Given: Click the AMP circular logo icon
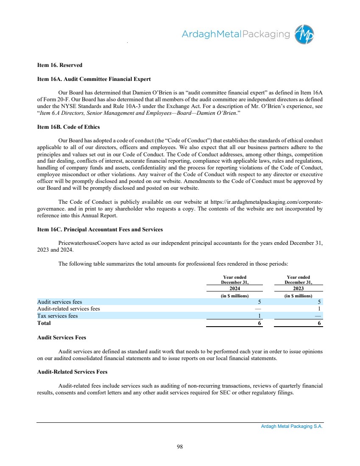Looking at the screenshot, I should pos(305,34).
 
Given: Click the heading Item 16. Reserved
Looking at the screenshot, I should pos(60,65).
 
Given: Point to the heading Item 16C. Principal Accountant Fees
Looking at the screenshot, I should pos(100,230).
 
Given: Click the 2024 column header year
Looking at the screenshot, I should pos(234,288).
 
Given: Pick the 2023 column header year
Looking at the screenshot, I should pos(299,288).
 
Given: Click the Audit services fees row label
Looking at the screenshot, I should pos(60,302).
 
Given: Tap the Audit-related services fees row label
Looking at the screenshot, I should pos(69,309).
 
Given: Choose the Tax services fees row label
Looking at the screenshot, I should pos(58,316).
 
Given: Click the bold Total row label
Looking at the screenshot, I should pos(44,323).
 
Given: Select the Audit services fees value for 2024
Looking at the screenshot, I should pos(259,302).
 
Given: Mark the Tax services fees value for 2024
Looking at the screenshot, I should pos(259,316).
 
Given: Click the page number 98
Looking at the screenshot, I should pos(180,446).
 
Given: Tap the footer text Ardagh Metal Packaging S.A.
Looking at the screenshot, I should pos(292,427).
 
